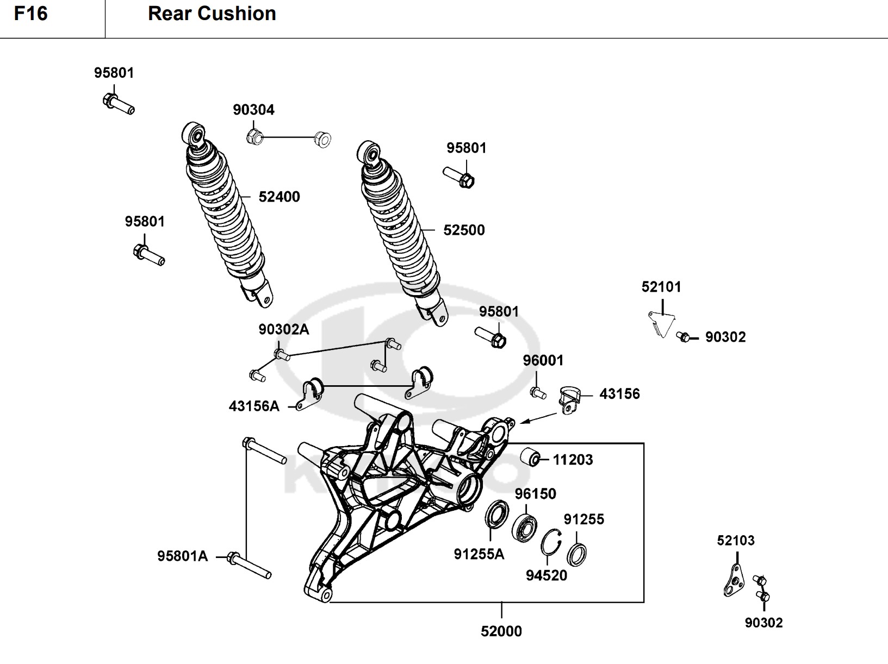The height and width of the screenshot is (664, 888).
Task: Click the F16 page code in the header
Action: click(31, 14)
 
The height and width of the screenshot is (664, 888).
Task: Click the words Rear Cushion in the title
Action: click(212, 14)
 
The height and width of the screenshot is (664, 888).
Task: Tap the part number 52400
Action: click(279, 197)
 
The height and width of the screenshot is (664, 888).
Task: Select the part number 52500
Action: click(464, 230)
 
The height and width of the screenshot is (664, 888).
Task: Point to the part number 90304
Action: click(253, 110)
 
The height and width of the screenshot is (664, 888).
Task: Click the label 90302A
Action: click(283, 329)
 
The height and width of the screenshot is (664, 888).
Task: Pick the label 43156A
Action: click(254, 406)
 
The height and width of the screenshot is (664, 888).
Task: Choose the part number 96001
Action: click(543, 361)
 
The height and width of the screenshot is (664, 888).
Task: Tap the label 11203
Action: click(573, 460)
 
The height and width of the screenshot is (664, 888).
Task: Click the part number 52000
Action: click(501, 631)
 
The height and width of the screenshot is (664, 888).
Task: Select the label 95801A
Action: click(183, 556)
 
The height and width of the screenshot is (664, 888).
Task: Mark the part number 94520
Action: click(546, 575)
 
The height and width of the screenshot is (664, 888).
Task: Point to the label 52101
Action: click(661, 287)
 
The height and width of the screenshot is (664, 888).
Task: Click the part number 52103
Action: click(735, 541)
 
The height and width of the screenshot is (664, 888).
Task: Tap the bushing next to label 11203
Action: click(531, 458)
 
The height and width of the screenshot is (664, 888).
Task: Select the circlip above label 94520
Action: click(551, 542)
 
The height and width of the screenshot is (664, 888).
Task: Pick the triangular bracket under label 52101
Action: click(661, 323)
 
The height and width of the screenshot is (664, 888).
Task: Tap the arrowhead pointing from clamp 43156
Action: click(523, 422)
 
